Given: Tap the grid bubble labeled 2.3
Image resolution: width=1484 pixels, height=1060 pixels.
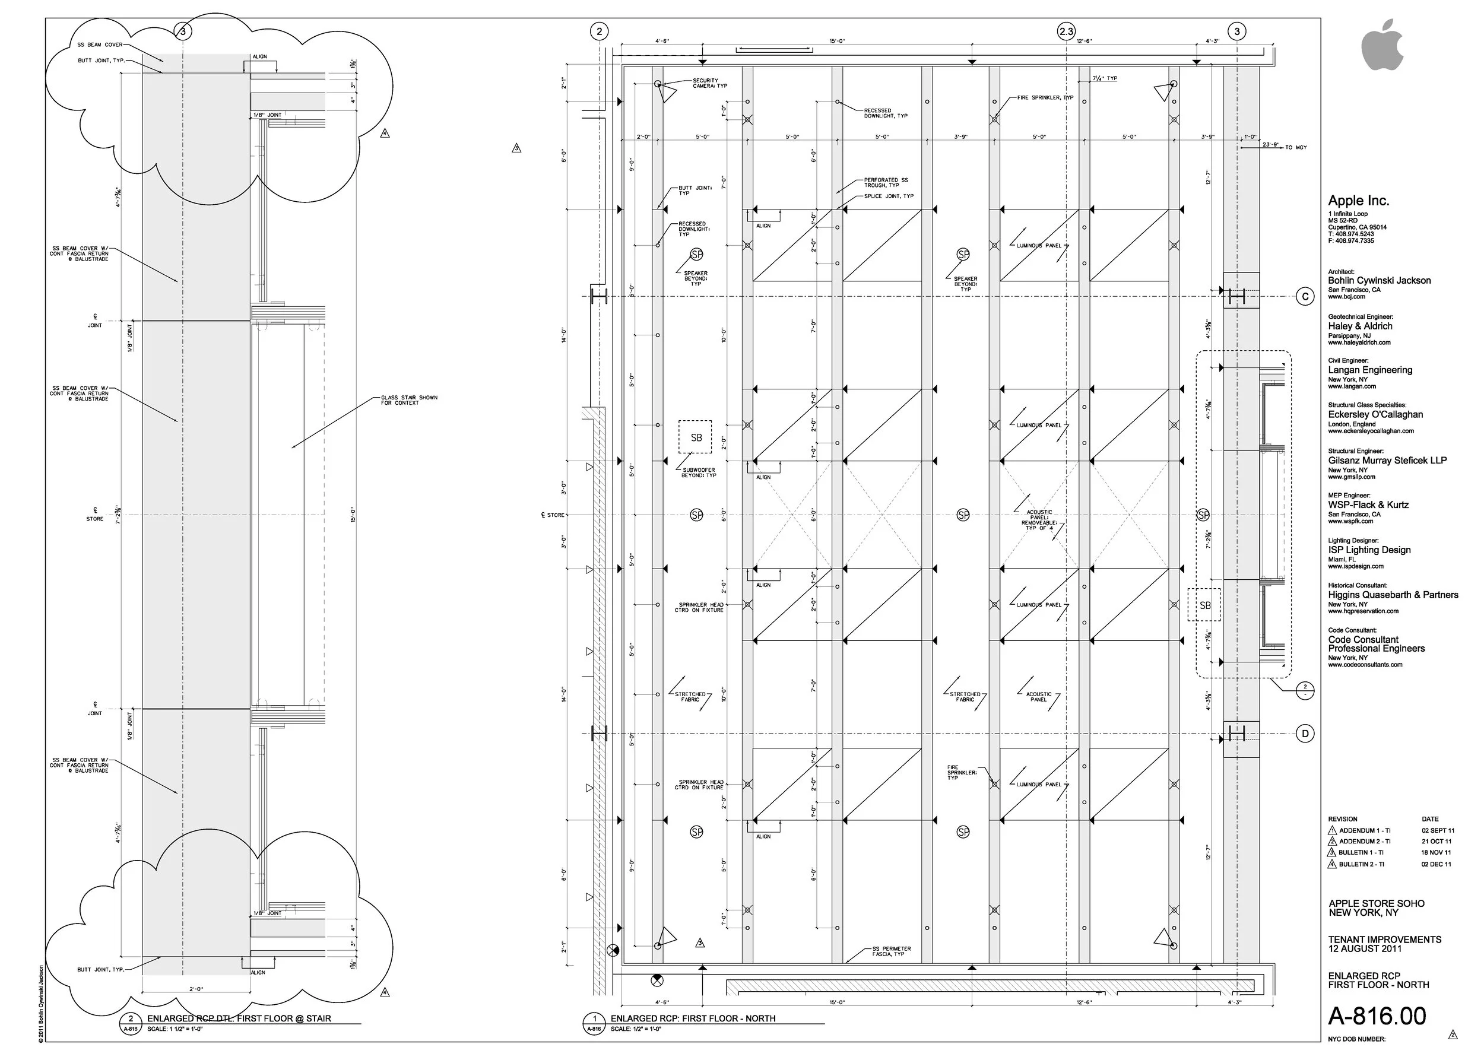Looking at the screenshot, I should [x=1066, y=31].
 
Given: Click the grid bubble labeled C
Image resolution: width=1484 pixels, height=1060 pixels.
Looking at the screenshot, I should [x=1305, y=297].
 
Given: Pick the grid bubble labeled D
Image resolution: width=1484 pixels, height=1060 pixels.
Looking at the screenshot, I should [x=1305, y=734].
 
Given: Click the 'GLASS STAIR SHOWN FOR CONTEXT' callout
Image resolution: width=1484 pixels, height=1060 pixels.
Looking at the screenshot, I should [x=409, y=400].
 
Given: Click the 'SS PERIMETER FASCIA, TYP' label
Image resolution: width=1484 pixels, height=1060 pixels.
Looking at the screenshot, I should [x=891, y=951].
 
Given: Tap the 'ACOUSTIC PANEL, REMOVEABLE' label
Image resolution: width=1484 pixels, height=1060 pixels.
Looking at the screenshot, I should [x=1039, y=519].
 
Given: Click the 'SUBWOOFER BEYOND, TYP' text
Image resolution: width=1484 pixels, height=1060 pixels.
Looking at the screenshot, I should [x=699, y=472].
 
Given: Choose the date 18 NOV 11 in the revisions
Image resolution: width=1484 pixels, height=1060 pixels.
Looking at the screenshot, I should [x=1436, y=852].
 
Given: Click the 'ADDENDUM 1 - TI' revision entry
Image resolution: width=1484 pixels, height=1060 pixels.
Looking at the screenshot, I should [x=1365, y=831].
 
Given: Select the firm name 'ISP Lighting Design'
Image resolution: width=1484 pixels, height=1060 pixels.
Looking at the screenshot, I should [x=1369, y=550].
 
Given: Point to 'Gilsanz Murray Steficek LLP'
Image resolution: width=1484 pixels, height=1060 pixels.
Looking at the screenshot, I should [x=1387, y=461].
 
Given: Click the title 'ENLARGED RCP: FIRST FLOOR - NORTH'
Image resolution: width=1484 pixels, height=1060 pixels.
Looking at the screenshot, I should [x=692, y=1018].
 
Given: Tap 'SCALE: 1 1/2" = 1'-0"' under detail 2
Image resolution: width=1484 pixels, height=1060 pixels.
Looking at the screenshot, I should [x=175, y=1029].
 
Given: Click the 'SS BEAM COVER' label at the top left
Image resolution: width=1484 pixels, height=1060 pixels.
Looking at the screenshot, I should [x=100, y=45].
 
